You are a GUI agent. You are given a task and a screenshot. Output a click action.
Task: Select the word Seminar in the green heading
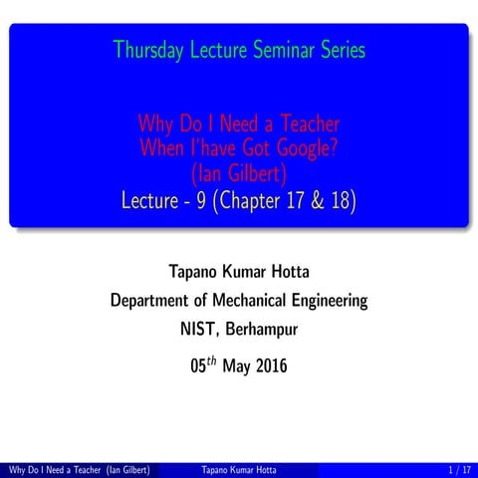click(280, 48)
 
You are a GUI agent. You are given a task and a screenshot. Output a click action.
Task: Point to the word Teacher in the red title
click(301, 125)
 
